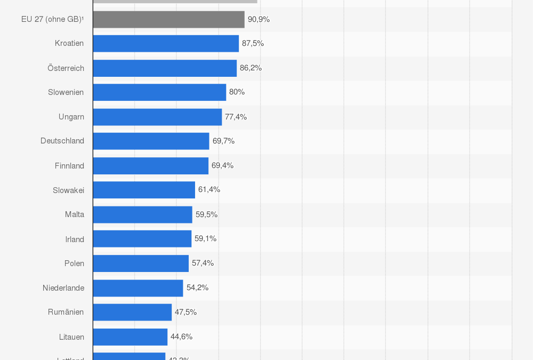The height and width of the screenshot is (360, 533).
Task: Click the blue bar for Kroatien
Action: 166,43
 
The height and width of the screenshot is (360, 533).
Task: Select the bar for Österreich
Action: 165,68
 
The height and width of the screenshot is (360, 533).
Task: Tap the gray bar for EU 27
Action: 168,19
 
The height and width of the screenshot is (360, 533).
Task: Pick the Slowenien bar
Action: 159,92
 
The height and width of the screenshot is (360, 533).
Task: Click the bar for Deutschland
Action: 151,141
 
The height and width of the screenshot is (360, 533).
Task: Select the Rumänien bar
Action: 132,312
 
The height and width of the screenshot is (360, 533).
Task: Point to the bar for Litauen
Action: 130,337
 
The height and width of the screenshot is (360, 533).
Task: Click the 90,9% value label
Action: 259,19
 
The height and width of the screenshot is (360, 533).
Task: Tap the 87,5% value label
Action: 253,43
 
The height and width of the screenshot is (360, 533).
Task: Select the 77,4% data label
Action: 236,117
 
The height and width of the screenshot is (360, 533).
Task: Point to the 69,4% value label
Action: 222,165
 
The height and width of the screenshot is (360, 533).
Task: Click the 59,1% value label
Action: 205,238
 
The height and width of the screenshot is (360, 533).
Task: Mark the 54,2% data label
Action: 197,287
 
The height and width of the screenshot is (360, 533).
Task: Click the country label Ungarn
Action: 71,117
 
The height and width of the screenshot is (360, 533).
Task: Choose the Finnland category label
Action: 69,166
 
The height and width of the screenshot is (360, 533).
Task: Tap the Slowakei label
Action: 68,190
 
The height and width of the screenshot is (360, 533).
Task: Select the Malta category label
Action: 75,214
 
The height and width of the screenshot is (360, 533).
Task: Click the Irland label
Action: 75,239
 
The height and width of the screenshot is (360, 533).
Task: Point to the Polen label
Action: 74,263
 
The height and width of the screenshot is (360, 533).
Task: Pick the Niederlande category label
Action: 63,288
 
